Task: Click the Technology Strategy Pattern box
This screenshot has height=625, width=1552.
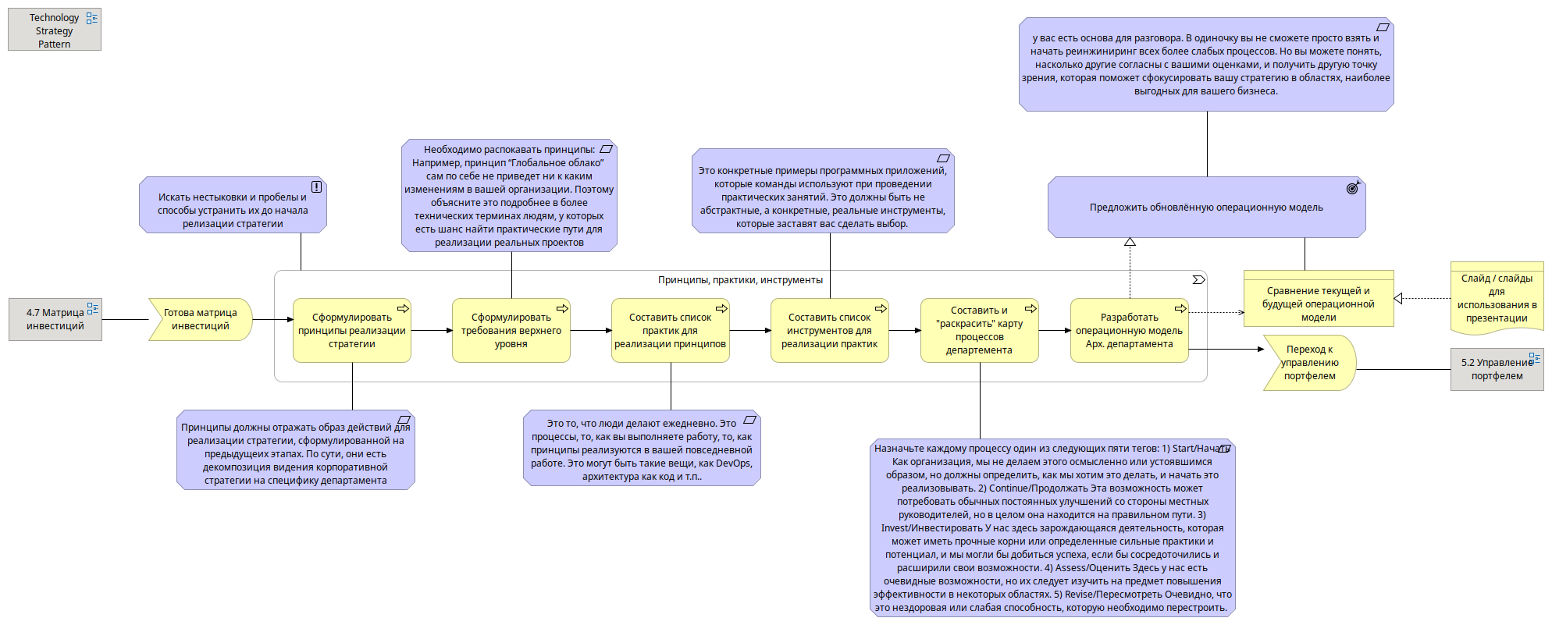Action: (54, 30)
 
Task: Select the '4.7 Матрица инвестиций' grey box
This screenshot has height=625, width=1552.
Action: (55, 319)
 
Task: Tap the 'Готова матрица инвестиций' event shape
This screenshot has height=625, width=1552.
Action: (200, 319)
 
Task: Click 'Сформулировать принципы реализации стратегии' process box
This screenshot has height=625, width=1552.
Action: (351, 331)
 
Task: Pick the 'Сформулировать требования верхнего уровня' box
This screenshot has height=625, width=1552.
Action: (511, 331)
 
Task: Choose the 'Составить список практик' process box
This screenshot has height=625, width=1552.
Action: (670, 331)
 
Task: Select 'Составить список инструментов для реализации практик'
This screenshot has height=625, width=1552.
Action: (829, 331)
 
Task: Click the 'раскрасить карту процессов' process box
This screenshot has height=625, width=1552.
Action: (979, 331)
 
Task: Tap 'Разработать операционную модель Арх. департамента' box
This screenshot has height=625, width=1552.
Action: (1129, 331)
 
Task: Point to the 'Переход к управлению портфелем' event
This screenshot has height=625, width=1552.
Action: (1309, 363)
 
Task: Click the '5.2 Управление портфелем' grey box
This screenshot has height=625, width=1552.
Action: (1497, 369)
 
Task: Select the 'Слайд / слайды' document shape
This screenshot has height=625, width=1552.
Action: (1497, 298)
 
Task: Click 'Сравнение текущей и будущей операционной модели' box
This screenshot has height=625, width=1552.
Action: (1318, 304)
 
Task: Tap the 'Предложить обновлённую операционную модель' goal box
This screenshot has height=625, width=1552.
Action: (1206, 208)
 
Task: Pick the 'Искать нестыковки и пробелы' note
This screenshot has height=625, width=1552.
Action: (233, 210)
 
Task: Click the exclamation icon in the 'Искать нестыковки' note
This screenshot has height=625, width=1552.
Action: (316, 186)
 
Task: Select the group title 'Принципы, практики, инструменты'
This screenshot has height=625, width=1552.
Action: (740, 280)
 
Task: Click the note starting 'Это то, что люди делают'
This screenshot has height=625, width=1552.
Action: (642, 450)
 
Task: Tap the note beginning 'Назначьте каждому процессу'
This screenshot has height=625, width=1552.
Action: (1052, 528)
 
